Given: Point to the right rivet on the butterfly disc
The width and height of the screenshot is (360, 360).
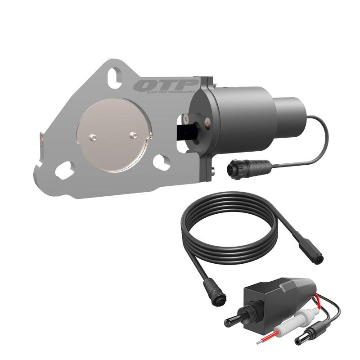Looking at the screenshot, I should pyautogui.click(x=132, y=134).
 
